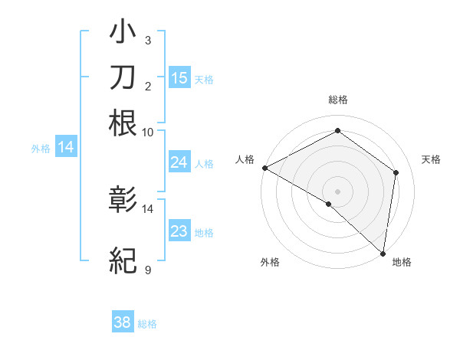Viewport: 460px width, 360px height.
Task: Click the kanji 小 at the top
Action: pyautogui.click(x=123, y=33)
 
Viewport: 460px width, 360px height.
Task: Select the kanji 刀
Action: pyautogui.click(x=123, y=77)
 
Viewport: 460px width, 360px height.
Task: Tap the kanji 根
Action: pyautogui.click(x=123, y=123)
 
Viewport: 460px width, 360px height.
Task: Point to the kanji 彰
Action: pyautogui.click(x=123, y=201)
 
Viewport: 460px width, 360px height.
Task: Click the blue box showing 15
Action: pyautogui.click(x=179, y=77)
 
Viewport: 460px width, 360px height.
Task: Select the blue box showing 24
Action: pyautogui.click(x=179, y=162)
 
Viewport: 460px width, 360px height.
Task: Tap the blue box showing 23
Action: pyautogui.click(x=179, y=231)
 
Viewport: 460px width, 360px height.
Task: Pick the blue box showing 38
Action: pyautogui.click(x=123, y=322)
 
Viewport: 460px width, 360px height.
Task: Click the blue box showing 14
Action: pyautogui.click(x=66, y=147)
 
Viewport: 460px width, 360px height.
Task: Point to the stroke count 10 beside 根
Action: pyautogui.click(x=148, y=132)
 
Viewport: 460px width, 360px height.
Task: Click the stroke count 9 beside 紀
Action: pyautogui.click(x=147, y=270)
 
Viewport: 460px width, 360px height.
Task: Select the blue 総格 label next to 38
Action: pyautogui.click(x=147, y=324)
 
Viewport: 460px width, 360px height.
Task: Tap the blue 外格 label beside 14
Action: pyautogui.click(x=41, y=149)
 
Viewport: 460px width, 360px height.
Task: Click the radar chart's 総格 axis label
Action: pyautogui.click(x=337, y=100)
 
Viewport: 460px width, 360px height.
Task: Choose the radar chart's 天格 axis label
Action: pyautogui.click(x=431, y=159)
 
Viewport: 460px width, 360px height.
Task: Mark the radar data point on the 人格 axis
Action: pyautogui.click(x=264, y=167)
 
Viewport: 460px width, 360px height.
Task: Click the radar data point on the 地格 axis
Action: pyautogui.click(x=383, y=253)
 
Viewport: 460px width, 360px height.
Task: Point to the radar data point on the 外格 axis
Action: pyautogui.click(x=329, y=204)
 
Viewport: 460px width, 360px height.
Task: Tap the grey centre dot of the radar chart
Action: pyautogui.click(x=337, y=191)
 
